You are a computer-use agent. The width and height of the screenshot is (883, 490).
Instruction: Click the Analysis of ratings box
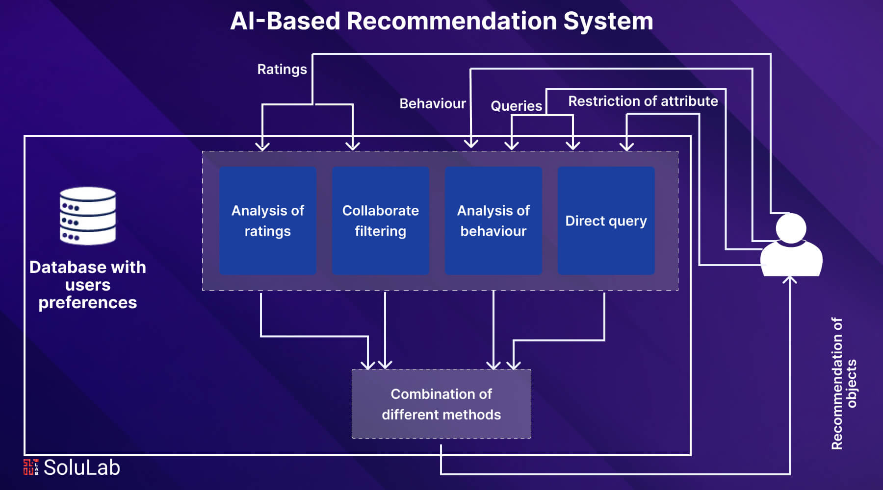(267, 220)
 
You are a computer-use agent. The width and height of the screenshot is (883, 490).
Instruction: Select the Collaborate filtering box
(380, 220)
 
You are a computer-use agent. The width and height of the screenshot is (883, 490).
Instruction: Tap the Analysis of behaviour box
(493, 220)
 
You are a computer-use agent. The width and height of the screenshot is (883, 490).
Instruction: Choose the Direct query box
(606, 220)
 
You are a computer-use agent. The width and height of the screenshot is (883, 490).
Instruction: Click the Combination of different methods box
(441, 404)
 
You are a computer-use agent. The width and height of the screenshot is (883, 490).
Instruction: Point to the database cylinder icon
(88, 216)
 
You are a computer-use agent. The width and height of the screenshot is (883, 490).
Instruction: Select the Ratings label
(282, 69)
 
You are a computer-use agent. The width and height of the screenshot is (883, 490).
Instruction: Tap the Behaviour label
(432, 103)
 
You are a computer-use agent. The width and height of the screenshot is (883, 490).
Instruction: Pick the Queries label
(516, 106)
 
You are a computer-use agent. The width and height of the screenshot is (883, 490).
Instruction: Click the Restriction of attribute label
(643, 101)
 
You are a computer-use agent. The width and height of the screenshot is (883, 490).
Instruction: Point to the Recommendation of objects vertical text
(844, 383)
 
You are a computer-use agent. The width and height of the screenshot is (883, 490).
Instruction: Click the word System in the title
(608, 21)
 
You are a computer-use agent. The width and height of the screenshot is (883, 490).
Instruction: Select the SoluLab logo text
(81, 467)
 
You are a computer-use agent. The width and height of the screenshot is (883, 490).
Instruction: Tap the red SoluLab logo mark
(30, 467)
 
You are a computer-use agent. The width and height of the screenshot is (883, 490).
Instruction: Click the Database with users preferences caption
(88, 285)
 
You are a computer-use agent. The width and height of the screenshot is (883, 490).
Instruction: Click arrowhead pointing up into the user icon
(789, 279)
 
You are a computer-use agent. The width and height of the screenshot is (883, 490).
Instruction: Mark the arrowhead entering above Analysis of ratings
(262, 146)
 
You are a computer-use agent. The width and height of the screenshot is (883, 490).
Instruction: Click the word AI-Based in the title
(285, 21)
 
